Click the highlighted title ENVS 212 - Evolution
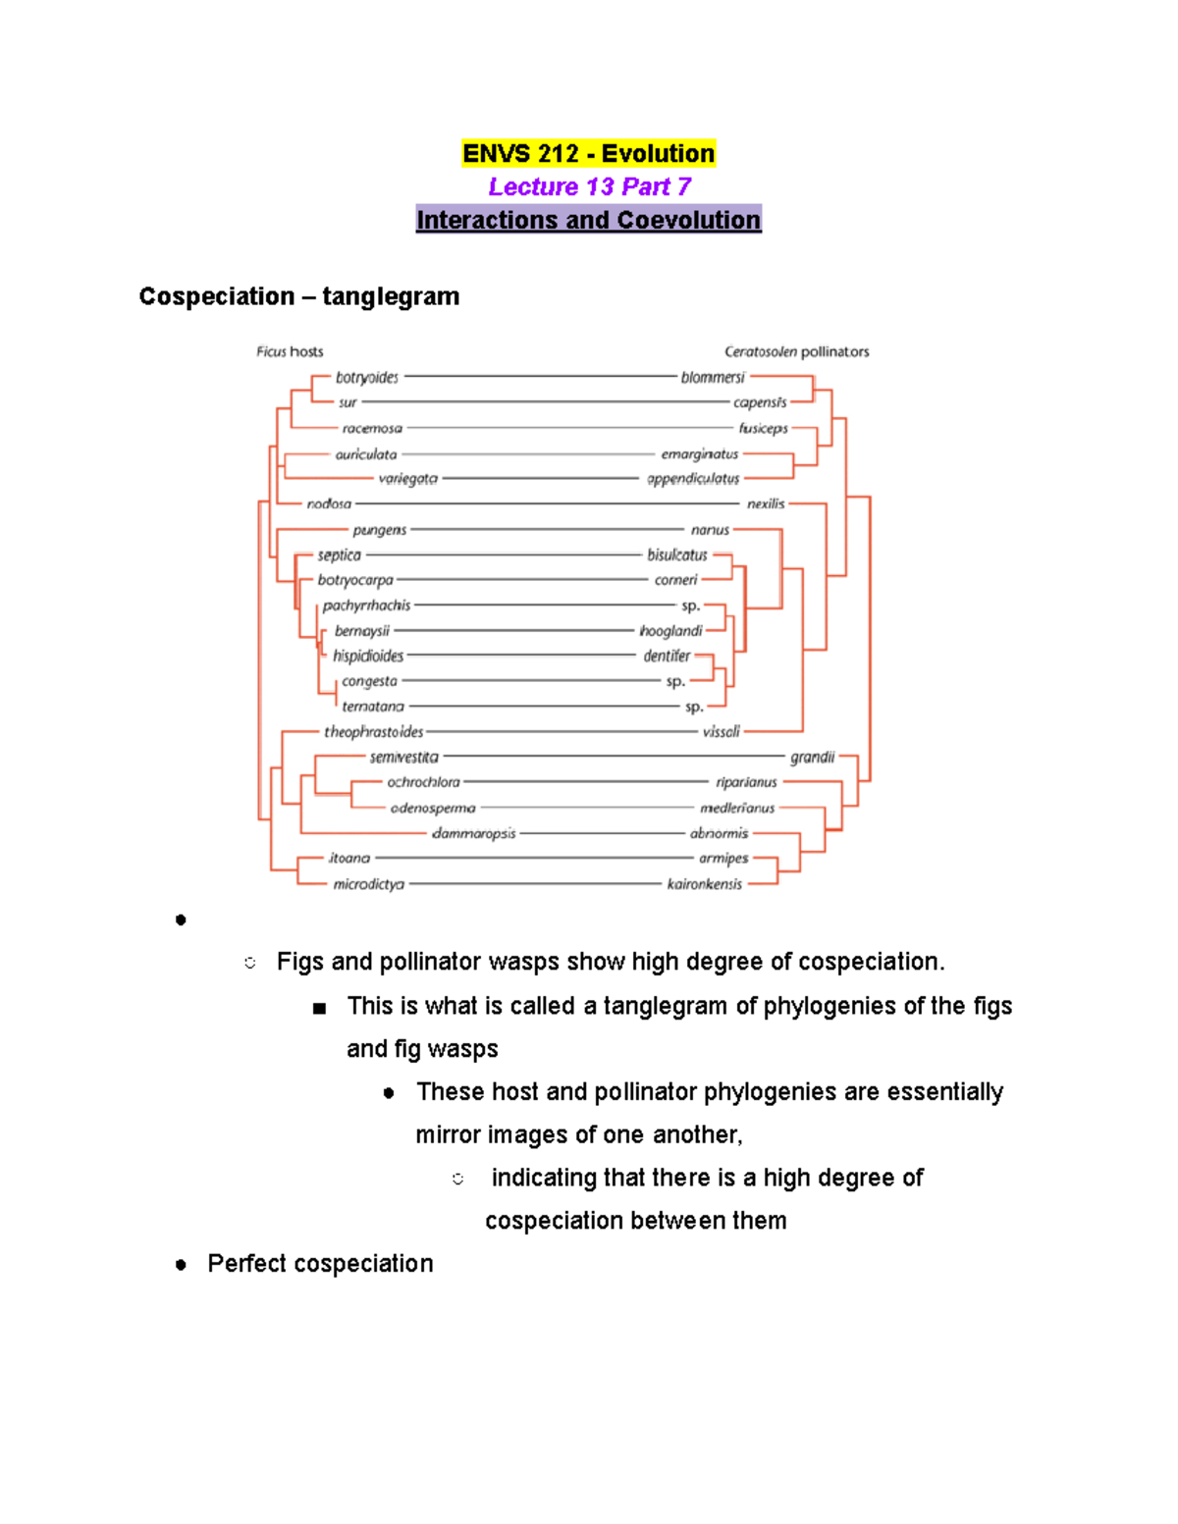(588, 154)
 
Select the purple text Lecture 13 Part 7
(589, 186)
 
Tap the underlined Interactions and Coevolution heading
(588, 220)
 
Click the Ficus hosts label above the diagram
(290, 351)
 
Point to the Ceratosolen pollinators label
(796, 351)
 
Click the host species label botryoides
(367, 378)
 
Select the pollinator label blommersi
(713, 377)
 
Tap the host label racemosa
(372, 429)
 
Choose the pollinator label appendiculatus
(693, 479)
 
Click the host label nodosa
(329, 504)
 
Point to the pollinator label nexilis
(766, 504)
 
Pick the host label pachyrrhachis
(366, 605)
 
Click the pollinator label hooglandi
(671, 631)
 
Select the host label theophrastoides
(374, 732)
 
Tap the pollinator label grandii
(813, 758)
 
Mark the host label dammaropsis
(474, 834)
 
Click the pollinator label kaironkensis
(705, 884)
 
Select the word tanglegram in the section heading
(391, 296)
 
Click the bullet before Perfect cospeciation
(181, 1265)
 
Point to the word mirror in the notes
(448, 1135)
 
